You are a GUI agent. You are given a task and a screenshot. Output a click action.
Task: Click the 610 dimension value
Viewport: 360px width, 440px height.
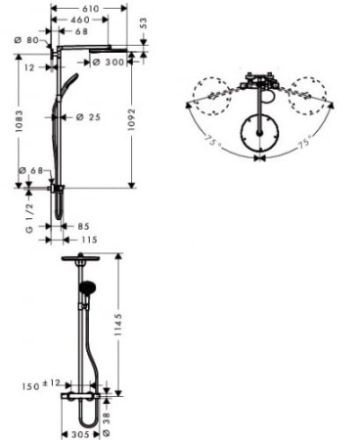pos(90,6)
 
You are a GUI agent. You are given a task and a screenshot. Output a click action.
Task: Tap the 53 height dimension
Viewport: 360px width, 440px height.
pos(144,21)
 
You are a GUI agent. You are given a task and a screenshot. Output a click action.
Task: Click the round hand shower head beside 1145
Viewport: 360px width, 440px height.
pos(86,286)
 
